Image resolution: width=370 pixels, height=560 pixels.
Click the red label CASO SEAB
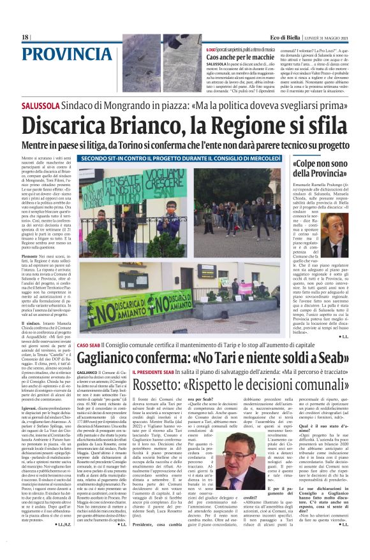[89, 345]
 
